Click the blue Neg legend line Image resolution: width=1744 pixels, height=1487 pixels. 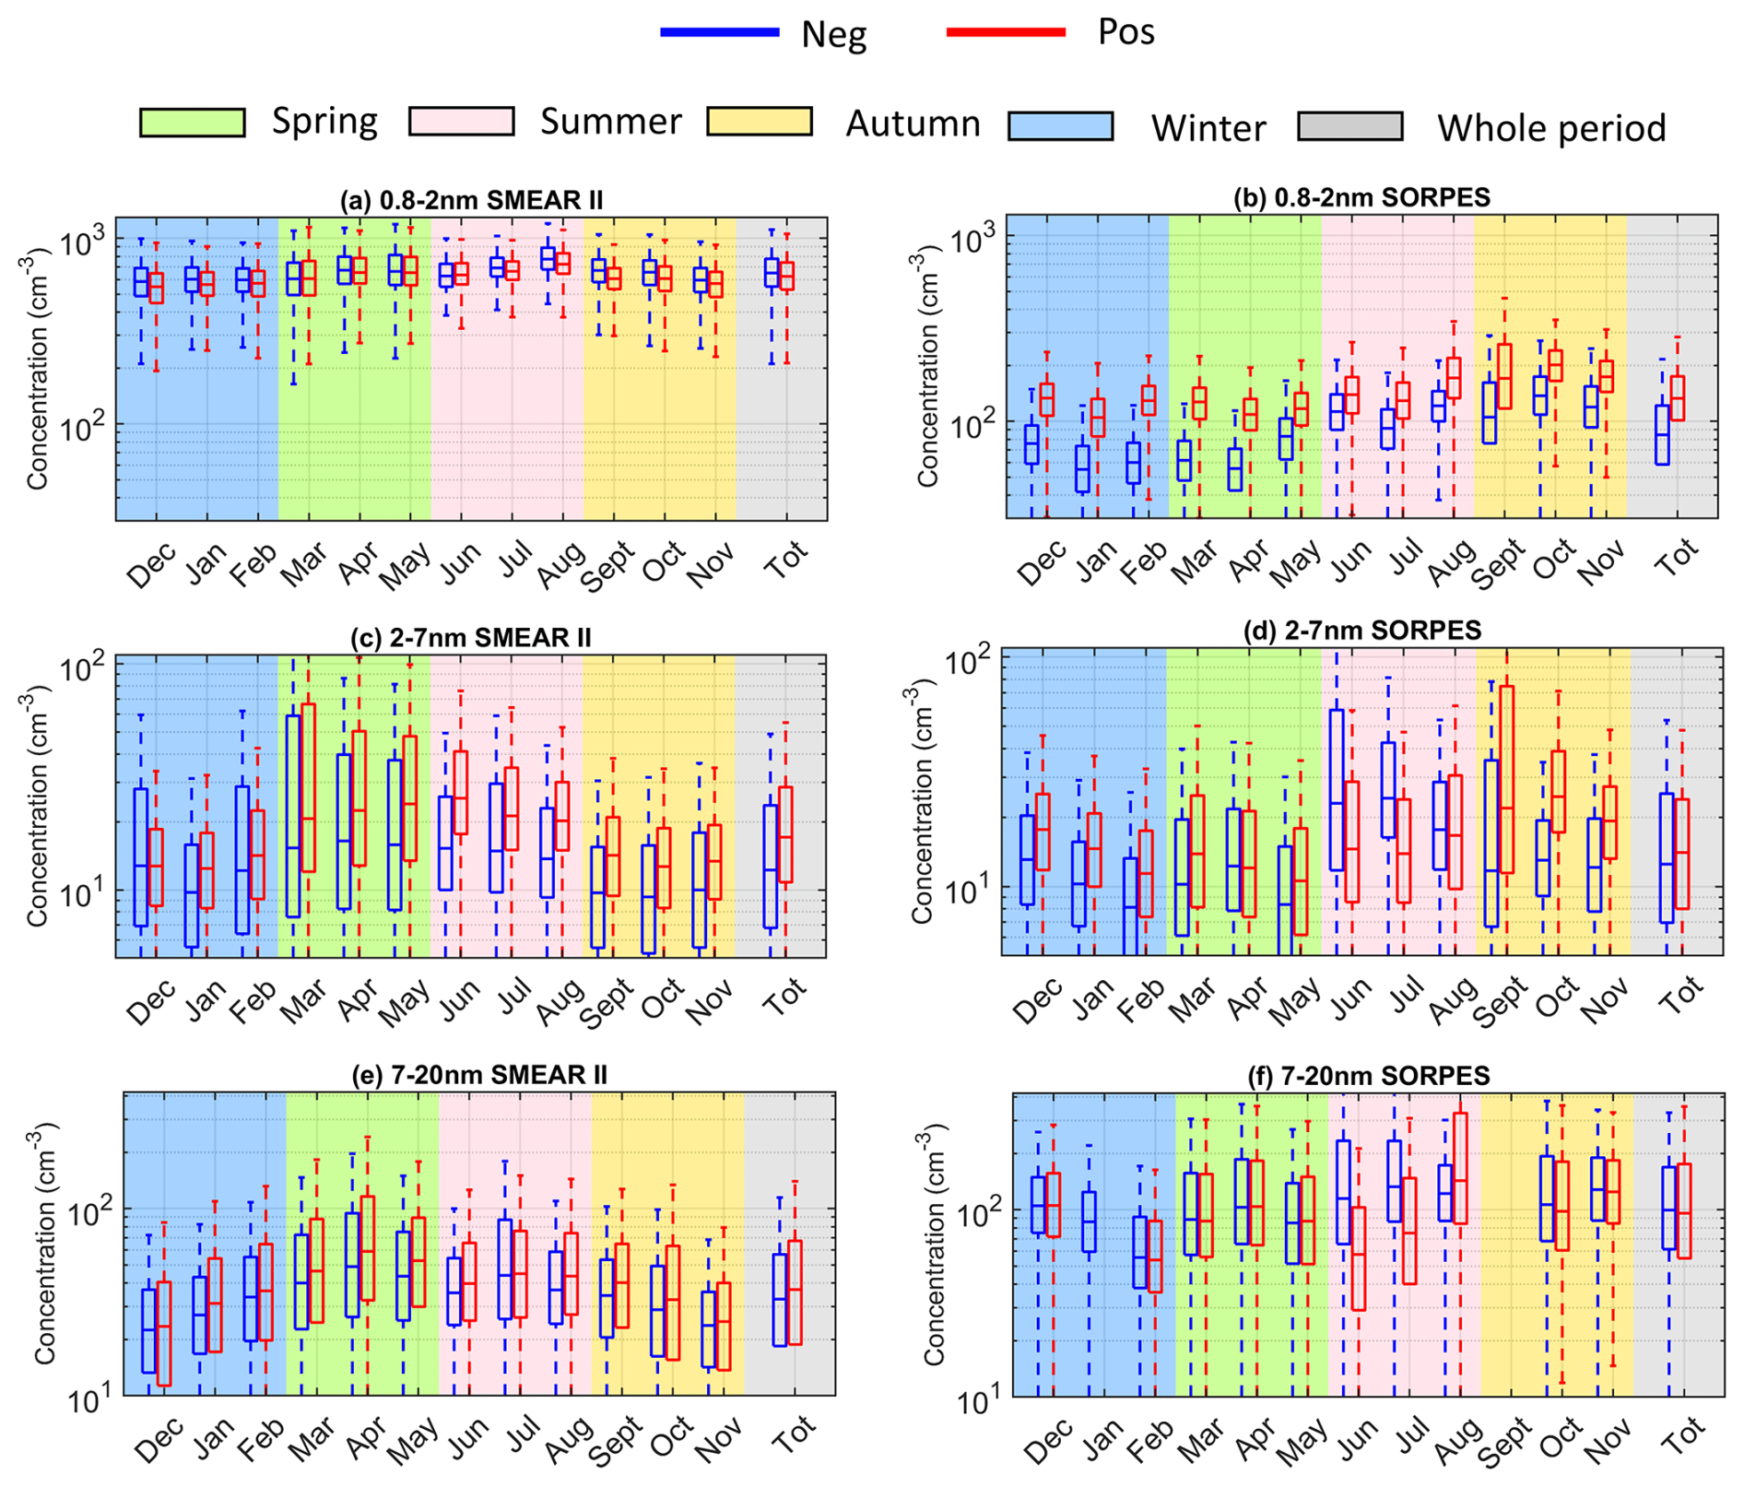[720, 32]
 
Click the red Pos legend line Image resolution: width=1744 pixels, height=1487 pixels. [1006, 32]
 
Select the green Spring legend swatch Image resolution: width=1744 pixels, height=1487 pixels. [192, 123]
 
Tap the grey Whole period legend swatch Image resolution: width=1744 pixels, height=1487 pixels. [1349, 126]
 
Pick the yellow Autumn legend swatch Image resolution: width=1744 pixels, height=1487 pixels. [760, 122]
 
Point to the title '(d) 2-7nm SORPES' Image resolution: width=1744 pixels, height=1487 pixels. [1361, 631]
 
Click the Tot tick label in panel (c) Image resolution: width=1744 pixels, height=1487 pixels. [785, 997]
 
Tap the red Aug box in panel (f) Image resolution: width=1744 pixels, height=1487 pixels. [1460, 1168]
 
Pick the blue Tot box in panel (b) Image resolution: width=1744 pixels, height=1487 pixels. [1662, 434]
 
